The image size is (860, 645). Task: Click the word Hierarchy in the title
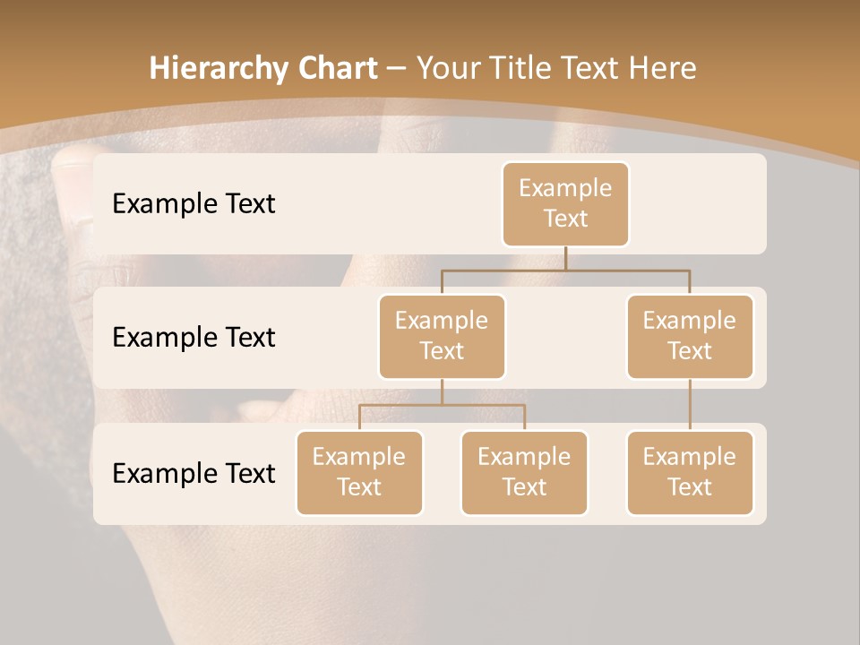(x=220, y=68)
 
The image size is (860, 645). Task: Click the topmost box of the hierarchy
(x=565, y=204)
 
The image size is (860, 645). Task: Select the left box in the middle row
(x=442, y=336)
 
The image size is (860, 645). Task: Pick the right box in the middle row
(x=690, y=336)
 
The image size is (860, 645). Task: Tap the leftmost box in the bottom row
(x=359, y=472)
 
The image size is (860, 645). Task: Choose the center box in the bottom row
(x=524, y=472)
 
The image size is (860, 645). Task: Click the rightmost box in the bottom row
(x=690, y=472)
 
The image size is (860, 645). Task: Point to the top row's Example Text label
(x=193, y=204)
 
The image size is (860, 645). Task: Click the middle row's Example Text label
(x=193, y=337)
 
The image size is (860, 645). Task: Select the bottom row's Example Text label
(x=193, y=473)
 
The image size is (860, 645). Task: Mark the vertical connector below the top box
(x=565, y=258)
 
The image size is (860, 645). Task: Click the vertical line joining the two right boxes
(x=690, y=404)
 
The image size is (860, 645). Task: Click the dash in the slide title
(x=396, y=68)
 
